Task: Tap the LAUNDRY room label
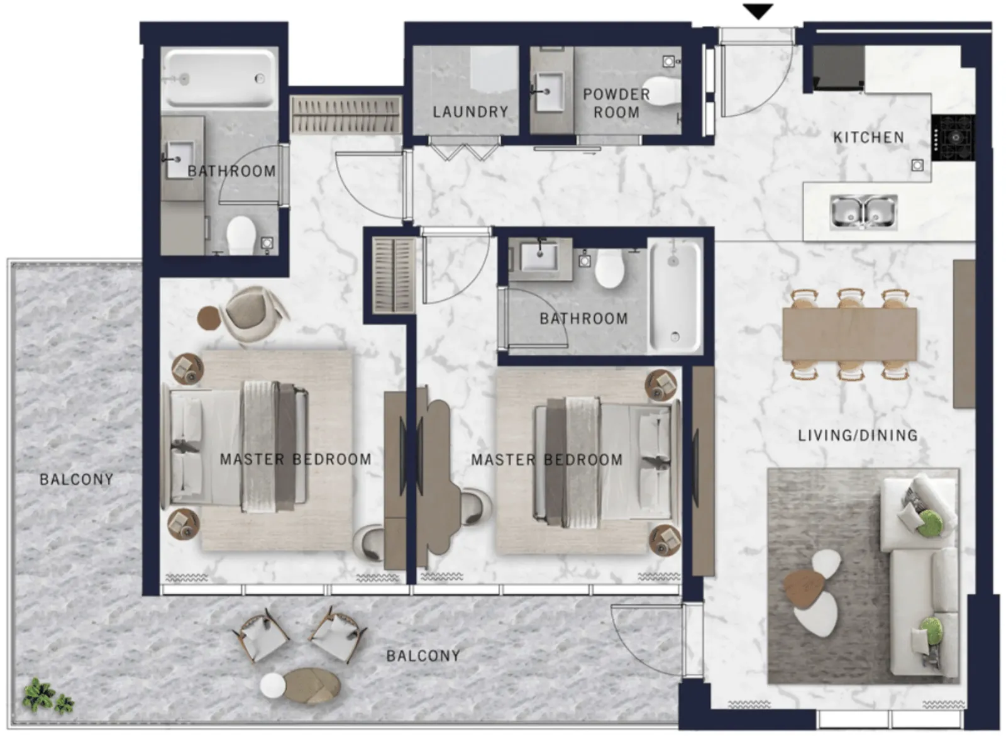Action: pyautogui.click(x=470, y=112)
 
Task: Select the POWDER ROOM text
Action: pyautogui.click(x=616, y=103)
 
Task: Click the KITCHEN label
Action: pyautogui.click(x=868, y=138)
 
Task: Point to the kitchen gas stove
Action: pyautogui.click(x=953, y=138)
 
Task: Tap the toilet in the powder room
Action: pyautogui.click(x=661, y=91)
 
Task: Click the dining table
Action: pyautogui.click(x=849, y=334)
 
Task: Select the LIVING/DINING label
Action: pyautogui.click(x=858, y=436)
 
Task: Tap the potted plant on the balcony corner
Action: pyautogui.click(x=48, y=696)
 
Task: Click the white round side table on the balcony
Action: pyautogui.click(x=273, y=685)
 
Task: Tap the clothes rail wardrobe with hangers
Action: pyautogui.click(x=346, y=113)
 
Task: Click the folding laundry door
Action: pyautogui.click(x=465, y=151)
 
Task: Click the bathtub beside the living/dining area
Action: pyautogui.click(x=675, y=297)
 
